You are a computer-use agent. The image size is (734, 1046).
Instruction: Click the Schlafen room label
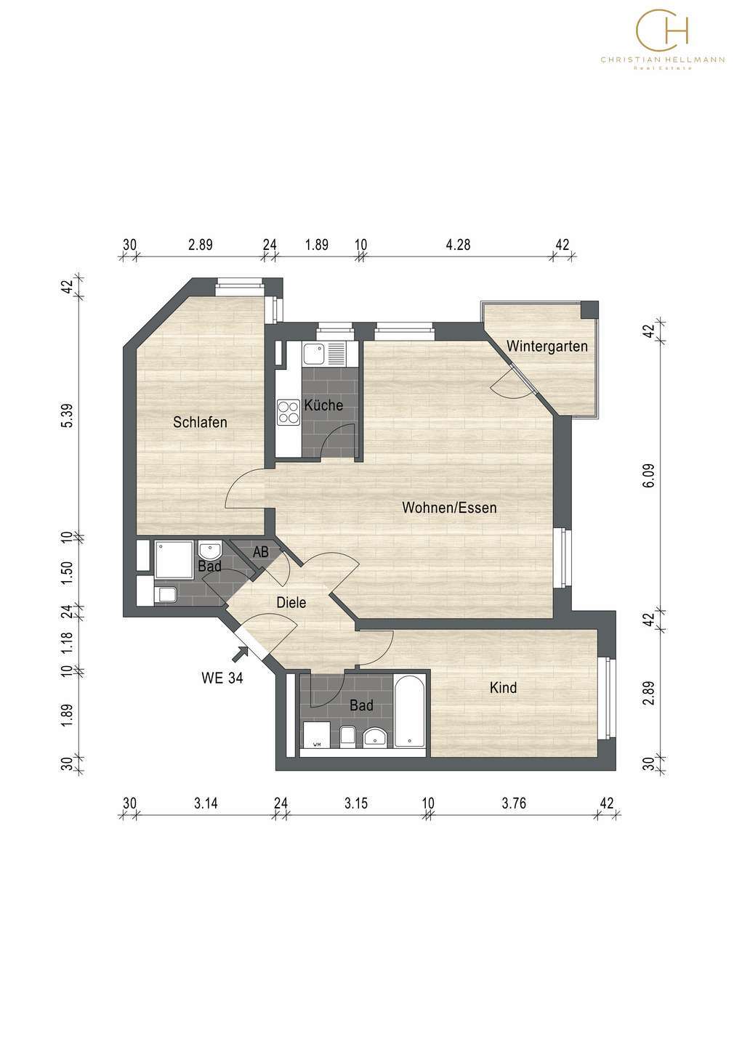200,421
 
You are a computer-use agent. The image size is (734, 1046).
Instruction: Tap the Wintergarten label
547,346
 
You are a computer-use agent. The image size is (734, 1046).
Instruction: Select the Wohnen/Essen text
449,508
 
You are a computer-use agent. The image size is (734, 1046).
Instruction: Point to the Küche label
323,405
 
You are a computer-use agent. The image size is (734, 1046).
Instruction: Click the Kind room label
503,687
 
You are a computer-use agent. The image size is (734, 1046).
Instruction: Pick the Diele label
291,602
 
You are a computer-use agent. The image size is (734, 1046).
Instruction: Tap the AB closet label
261,552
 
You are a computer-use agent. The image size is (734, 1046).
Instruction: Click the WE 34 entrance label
222,678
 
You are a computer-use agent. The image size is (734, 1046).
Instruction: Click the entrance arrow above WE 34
240,654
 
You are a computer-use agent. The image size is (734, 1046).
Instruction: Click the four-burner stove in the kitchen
289,413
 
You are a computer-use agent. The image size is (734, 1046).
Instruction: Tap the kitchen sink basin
313,354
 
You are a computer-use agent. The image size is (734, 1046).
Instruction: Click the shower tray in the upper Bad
174,560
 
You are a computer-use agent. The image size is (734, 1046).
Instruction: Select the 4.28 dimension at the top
458,244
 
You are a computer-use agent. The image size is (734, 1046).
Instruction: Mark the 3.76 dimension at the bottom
514,803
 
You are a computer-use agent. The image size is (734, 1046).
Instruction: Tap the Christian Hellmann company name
663,60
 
